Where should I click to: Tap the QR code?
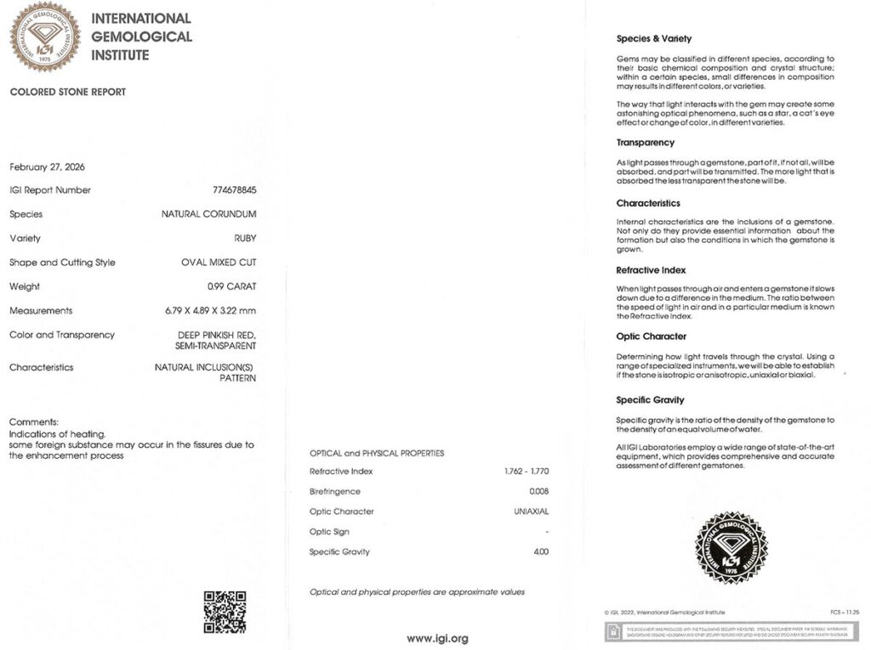(225, 612)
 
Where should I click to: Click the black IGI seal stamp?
(731, 548)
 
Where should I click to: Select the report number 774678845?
(234, 190)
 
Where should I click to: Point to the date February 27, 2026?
(47, 167)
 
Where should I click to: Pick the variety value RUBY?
(245, 239)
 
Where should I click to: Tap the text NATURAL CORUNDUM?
(208, 214)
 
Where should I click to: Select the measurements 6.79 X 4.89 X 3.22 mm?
(211, 311)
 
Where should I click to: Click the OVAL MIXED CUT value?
(219, 263)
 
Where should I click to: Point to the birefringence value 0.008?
(538, 492)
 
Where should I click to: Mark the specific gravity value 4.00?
(540, 552)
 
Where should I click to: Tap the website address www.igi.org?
(436, 638)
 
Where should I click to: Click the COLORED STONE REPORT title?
(67, 92)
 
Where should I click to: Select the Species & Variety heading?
(653, 38)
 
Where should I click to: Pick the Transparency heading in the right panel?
(645, 143)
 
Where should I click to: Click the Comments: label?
(33, 422)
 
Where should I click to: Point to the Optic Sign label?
(333, 532)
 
